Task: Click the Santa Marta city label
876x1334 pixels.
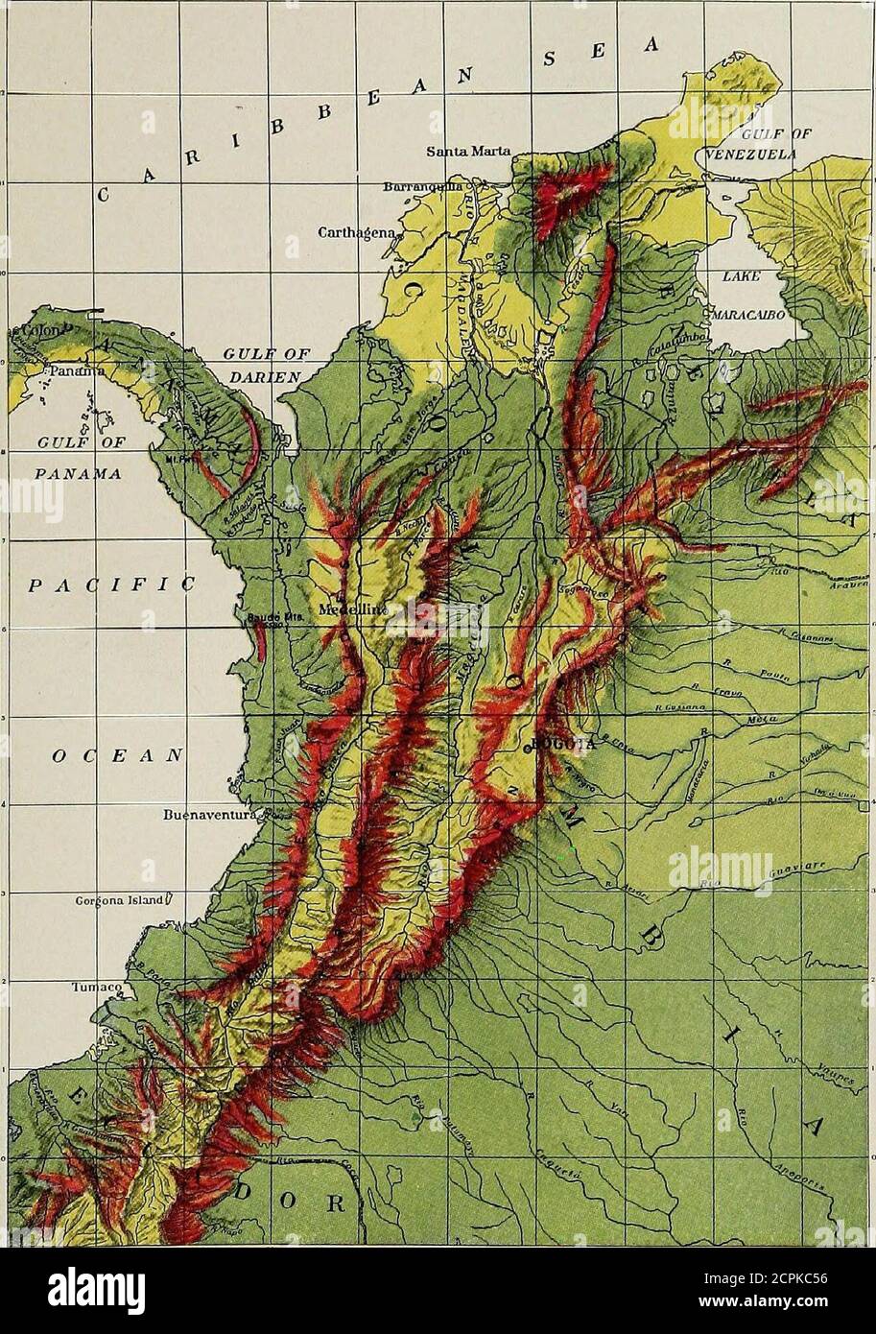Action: [x=469, y=151]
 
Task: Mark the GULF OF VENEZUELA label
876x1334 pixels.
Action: [x=745, y=146]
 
